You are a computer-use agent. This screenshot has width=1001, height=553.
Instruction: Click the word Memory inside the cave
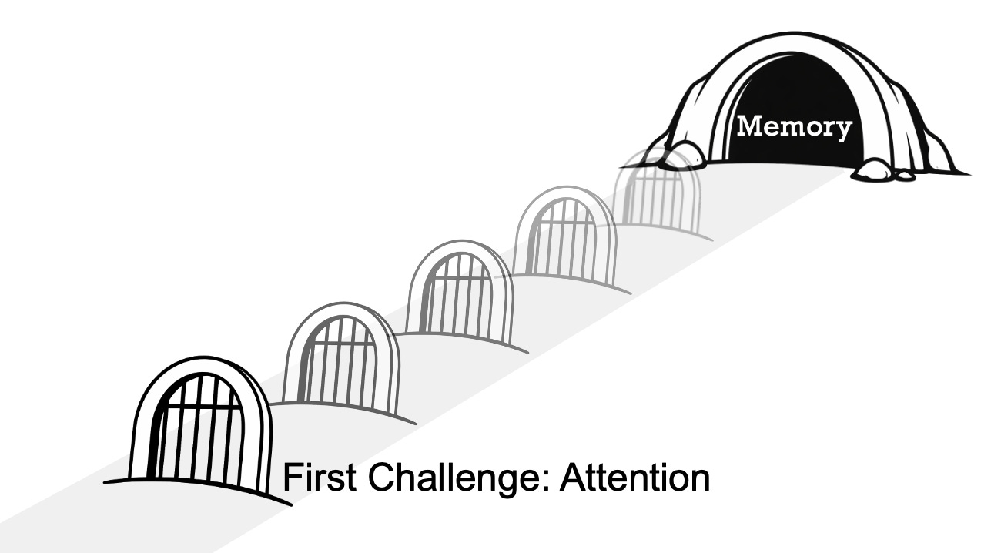coord(794,126)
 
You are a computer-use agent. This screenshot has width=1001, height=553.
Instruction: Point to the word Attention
coord(634,478)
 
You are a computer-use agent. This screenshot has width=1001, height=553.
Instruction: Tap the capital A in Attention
coord(571,478)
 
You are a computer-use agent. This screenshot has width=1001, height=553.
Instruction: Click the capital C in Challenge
coord(377,478)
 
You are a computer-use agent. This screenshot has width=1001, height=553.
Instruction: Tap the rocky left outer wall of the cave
coord(693,116)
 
